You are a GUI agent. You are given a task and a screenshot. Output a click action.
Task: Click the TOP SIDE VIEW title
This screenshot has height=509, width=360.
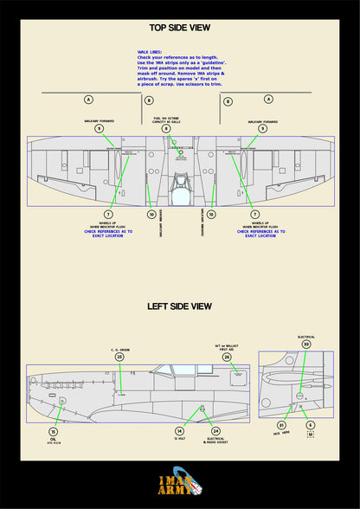[x=180, y=29]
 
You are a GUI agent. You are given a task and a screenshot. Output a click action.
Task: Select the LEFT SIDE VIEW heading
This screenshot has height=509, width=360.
[x=179, y=306]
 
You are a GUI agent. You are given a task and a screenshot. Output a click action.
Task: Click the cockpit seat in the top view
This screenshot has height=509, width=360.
[x=180, y=184]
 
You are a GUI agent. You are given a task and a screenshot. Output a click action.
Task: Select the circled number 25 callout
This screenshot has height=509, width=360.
[x=120, y=356]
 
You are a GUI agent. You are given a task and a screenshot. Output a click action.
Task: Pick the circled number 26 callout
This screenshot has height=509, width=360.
[x=227, y=356]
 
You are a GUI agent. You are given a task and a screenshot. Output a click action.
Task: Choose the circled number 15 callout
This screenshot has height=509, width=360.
[x=53, y=431]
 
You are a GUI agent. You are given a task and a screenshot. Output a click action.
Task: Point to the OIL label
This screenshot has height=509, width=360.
[x=53, y=440]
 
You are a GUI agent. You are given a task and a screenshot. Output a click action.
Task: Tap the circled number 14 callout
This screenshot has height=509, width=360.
[x=180, y=430]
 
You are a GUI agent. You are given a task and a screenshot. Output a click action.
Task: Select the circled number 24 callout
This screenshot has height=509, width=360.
[x=215, y=430]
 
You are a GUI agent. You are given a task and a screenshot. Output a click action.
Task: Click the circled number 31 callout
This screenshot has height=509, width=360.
[x=280, y=425]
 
